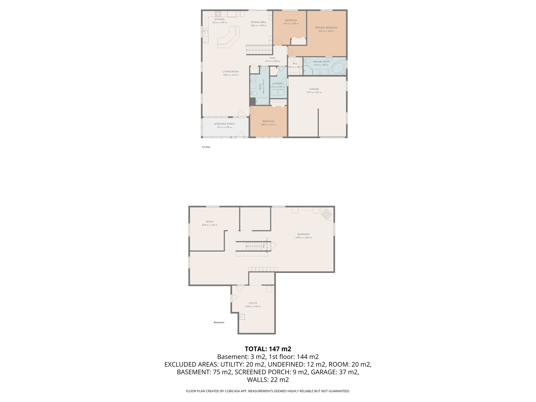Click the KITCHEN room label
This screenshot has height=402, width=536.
[219, 19]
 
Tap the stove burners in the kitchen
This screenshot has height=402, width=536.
[218, 14]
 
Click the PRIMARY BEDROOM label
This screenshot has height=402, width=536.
[326, 28]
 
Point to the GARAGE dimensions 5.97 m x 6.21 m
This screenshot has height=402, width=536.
[314, 92]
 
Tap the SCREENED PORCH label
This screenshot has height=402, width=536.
[224, 124]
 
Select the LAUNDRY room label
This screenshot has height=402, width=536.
[277, 84]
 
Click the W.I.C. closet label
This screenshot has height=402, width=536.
[295, 64]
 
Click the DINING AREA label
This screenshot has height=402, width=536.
[258, 22]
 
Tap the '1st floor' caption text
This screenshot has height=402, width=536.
[206, 147]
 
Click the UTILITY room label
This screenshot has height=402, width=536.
[253, 303]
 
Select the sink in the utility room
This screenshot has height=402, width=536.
[242, 317]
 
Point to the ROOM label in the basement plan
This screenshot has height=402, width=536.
[209, 222]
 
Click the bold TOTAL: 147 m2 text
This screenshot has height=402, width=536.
[268, 349]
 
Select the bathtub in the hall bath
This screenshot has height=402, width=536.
[262, 101]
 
